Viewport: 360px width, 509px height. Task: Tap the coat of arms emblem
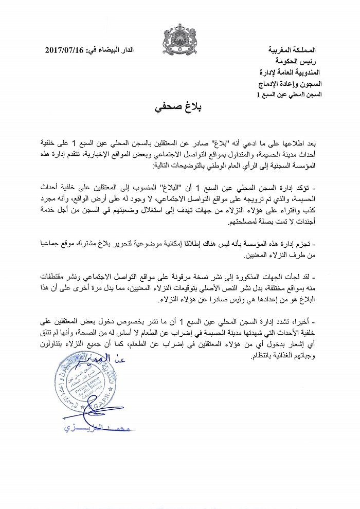pos(179,36)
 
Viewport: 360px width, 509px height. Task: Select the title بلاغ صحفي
pos(179,107)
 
